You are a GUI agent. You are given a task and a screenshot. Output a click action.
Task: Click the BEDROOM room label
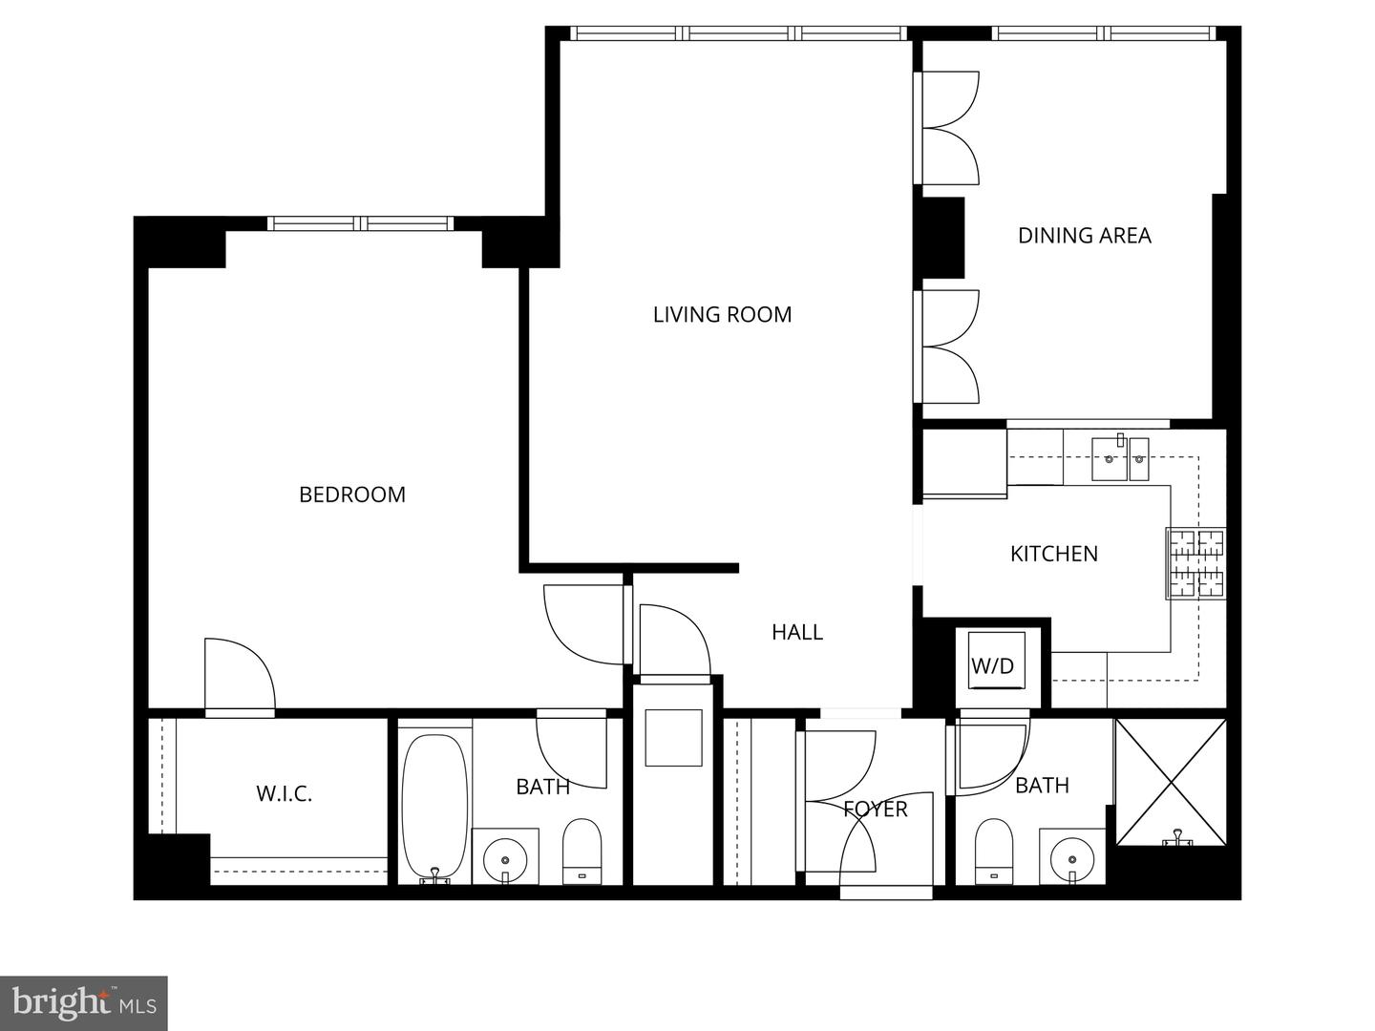(x=352, y=494)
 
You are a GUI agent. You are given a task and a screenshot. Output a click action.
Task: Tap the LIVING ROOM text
(x=722, y=314)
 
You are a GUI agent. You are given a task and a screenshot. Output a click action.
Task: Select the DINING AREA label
(x=1084, y=235)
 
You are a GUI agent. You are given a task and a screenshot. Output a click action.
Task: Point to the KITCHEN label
(x=1054, y=554)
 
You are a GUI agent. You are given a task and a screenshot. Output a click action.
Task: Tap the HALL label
(x=797, y=632)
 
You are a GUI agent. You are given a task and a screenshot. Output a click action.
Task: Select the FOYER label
(x=875, y=810)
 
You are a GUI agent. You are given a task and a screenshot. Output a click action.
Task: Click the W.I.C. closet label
(x=284, y=793)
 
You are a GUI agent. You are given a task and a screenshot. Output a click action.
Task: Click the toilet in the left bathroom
(x=582, y=851)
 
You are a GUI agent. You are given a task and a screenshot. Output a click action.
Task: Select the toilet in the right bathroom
(x=993, y=850)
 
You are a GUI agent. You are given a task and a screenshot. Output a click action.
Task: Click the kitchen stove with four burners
(x=1196, y=563)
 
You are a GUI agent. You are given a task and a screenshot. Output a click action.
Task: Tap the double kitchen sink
(x=1121, y=459)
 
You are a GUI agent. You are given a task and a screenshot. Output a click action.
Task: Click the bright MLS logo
(x=84, y=1003)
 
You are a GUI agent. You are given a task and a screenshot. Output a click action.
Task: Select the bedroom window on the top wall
(x=360, y=223)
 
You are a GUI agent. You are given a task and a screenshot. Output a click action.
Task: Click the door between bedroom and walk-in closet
(x=240, y=678)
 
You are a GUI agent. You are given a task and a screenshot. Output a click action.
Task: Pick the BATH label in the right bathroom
(x=1042, y=786)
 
